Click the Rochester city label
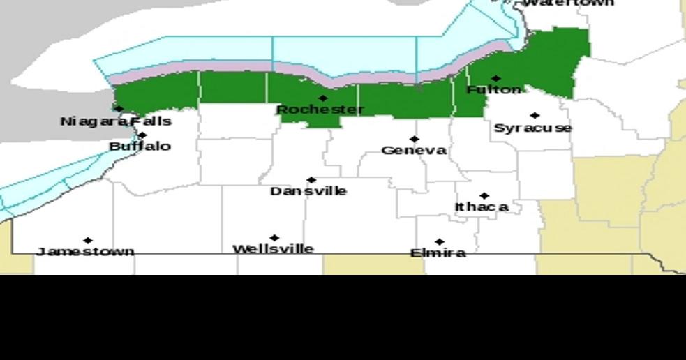click(320, 110)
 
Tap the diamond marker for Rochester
click(322, 98)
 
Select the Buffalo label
click(140, 147)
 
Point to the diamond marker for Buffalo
click(142, 135)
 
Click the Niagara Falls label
click(116, 121)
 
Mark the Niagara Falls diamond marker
click(119, 109)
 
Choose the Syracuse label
click(533, 128)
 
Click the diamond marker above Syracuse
click(535, 116)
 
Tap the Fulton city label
click(493, 90)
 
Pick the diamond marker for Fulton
click(495, 79)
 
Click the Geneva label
click(414, 151)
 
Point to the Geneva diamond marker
click(414, 140)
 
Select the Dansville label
click(308, 191)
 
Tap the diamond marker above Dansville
click(311, 180)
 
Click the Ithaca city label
click(482, 207)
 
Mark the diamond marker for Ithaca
click(484, 196)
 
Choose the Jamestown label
click(85, 251)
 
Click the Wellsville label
click(273, 249)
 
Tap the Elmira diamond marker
click(439, 242)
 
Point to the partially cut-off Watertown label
click(568, 3)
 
